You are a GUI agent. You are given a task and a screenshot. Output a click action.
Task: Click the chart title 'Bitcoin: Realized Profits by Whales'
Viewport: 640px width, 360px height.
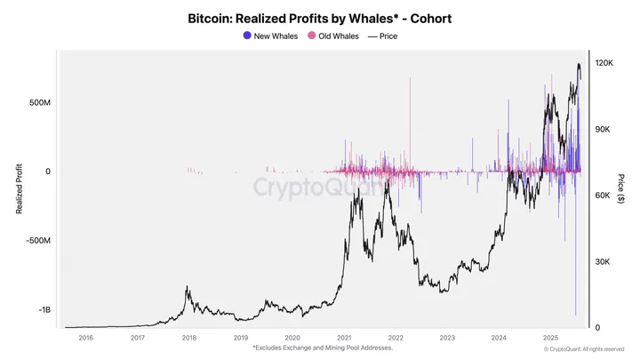pyautogui.click(x=319, y=18)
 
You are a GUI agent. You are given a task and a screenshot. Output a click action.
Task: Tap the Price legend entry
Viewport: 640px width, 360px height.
pyautogui.click(x=383, y=36)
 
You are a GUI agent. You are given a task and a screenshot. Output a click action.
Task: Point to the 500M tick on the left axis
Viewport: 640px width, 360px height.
pyautogui.click(x=39, y=102)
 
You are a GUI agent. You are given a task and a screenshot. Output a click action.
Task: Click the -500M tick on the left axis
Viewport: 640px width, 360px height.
pyautogui.click(x=37, y=241)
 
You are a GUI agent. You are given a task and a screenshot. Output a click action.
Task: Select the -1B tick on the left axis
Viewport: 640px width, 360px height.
pyautogui.click(x=44, y=310)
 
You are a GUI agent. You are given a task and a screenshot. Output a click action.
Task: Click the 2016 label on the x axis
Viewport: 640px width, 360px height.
pyautogui.click(x=85, y=338)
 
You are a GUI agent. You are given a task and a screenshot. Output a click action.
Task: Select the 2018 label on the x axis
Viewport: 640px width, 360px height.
pyautogui.click(x=189, y=338)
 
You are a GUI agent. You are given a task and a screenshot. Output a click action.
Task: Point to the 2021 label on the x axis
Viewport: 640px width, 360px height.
pyautogui.click(x=344, y=338)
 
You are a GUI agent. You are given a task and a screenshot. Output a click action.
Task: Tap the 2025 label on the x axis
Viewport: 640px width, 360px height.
pyautogui.click(x=551, y=338)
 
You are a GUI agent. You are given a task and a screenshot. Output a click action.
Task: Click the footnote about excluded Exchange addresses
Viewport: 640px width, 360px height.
pyautogui.click(x=323, y=348)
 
